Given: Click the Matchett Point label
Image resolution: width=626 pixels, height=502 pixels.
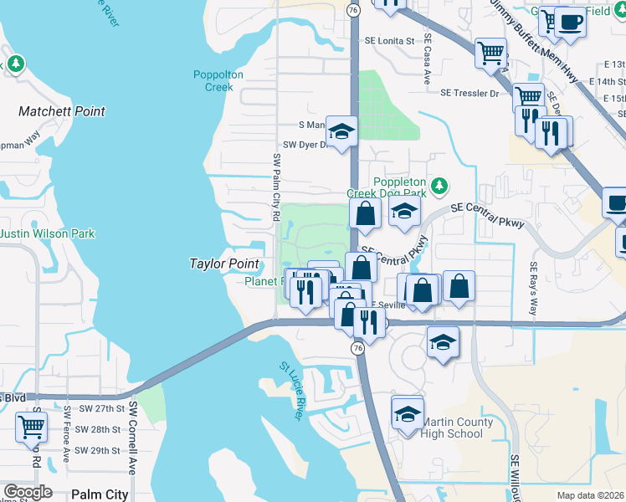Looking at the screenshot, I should click(62, 111).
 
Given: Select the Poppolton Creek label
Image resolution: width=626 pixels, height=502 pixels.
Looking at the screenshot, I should click(218, 80).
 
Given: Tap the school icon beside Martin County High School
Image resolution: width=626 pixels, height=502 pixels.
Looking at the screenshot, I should click(408, 413).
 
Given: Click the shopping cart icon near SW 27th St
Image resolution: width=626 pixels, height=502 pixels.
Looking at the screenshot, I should click(31, 426).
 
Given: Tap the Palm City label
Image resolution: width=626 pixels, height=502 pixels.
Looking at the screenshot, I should click(100, 494).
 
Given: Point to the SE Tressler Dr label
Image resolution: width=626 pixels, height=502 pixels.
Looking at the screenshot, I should click(471, 94).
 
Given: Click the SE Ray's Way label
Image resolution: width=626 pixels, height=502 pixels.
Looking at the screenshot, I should click(532, 289).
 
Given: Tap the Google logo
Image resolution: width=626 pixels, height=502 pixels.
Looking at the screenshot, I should click(28, 492).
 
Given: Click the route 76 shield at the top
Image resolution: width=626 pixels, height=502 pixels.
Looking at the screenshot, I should click(354, 8).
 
